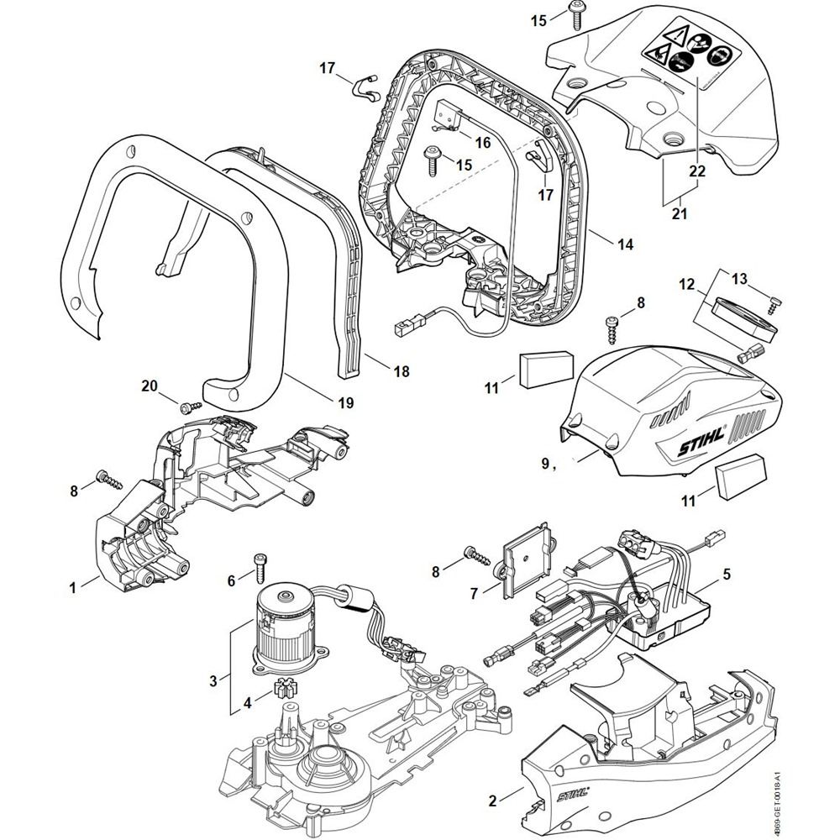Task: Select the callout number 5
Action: coord(727,575)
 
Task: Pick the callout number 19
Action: coord(346,402)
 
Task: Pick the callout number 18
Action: coord(402,370)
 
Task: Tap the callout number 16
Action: coord(482,143)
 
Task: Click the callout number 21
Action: coord(680,214)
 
